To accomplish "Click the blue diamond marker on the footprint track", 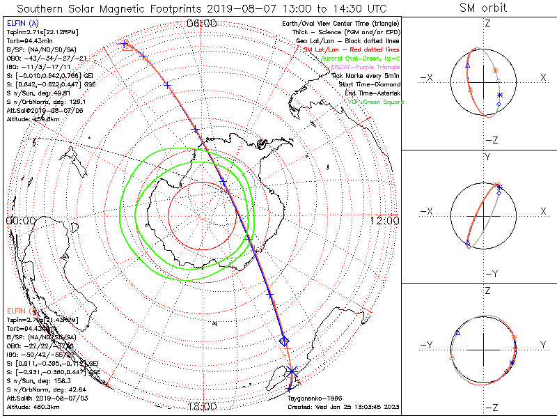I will [283, 341].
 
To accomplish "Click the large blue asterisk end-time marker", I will [292, 371].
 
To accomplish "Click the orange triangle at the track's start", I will [125, 45].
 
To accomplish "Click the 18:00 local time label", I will [203, 406].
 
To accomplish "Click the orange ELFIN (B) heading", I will [19, 310].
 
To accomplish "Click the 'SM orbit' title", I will [483, 8].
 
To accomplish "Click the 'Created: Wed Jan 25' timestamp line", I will [342, 407].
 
